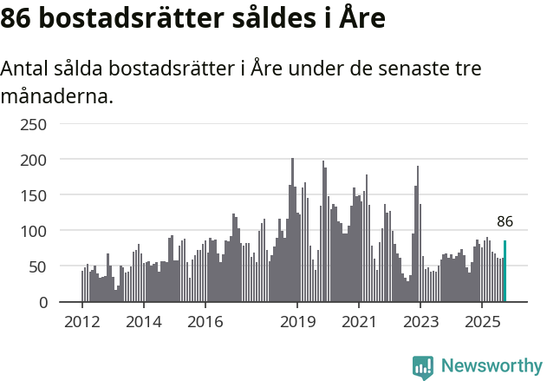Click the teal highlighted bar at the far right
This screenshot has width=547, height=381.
505,272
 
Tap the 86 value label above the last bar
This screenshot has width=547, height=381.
505,221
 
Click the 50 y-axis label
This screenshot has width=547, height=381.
38,266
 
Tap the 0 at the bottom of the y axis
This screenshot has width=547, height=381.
42,302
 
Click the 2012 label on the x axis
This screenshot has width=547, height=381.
82,321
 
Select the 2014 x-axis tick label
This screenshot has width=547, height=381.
143,321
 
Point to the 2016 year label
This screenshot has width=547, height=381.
205,321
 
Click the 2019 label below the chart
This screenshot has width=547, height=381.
297,321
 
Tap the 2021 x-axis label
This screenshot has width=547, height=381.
359,321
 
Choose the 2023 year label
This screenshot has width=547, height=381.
420,321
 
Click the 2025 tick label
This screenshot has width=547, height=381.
482,321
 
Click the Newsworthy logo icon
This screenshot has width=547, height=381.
423,366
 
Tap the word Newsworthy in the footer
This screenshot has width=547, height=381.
491,366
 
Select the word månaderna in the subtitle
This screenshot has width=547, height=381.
56,95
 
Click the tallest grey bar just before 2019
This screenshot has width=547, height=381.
292,230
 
